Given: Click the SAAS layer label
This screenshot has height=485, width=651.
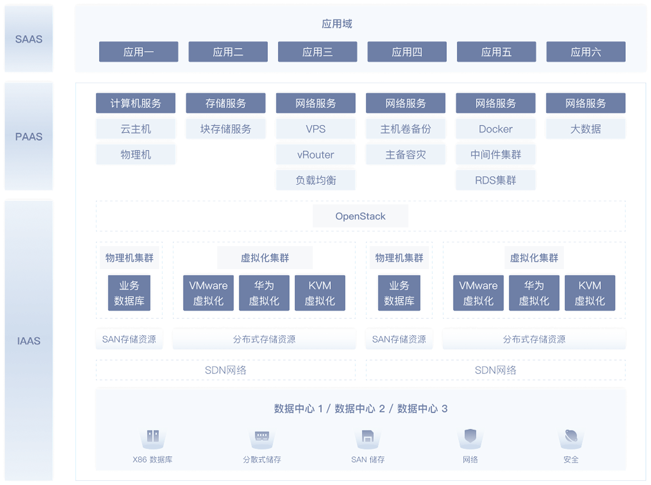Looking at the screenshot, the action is click(x=29, y=39).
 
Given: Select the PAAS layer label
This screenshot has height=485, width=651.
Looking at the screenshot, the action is click(x=29, y=137).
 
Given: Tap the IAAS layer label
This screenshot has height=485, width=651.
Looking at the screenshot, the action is click(x=29, y=341).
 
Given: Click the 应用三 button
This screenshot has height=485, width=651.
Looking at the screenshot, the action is click(x=317, y=52).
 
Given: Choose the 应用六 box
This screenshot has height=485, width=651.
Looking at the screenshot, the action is click(x=586, y=52).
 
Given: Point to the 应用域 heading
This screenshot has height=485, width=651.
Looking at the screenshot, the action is click(x=337, y=24).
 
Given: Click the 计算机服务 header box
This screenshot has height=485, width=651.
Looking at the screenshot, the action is click(x=136, y=103).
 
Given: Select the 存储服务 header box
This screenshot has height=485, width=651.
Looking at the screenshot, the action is click(x=226, y=103).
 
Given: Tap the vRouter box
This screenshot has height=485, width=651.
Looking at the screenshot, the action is click(x=316, y=155).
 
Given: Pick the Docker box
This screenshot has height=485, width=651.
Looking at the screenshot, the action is click(x=496, y=129).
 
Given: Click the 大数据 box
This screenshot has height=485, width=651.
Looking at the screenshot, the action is click(x=586, y=129).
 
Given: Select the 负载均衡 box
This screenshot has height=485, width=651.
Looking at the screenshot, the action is click(x=316, y=180).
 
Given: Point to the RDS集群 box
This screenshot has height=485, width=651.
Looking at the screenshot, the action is click(x=496, y=180).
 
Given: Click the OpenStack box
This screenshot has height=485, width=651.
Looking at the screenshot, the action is click(x=360, y=216).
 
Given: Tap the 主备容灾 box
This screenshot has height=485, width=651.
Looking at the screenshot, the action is click(x=406, y=155).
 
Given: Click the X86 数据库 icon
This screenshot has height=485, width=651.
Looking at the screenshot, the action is click(x=153, y=438).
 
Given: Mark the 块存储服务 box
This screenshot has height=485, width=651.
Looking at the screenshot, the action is click(x=226, y=129).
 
